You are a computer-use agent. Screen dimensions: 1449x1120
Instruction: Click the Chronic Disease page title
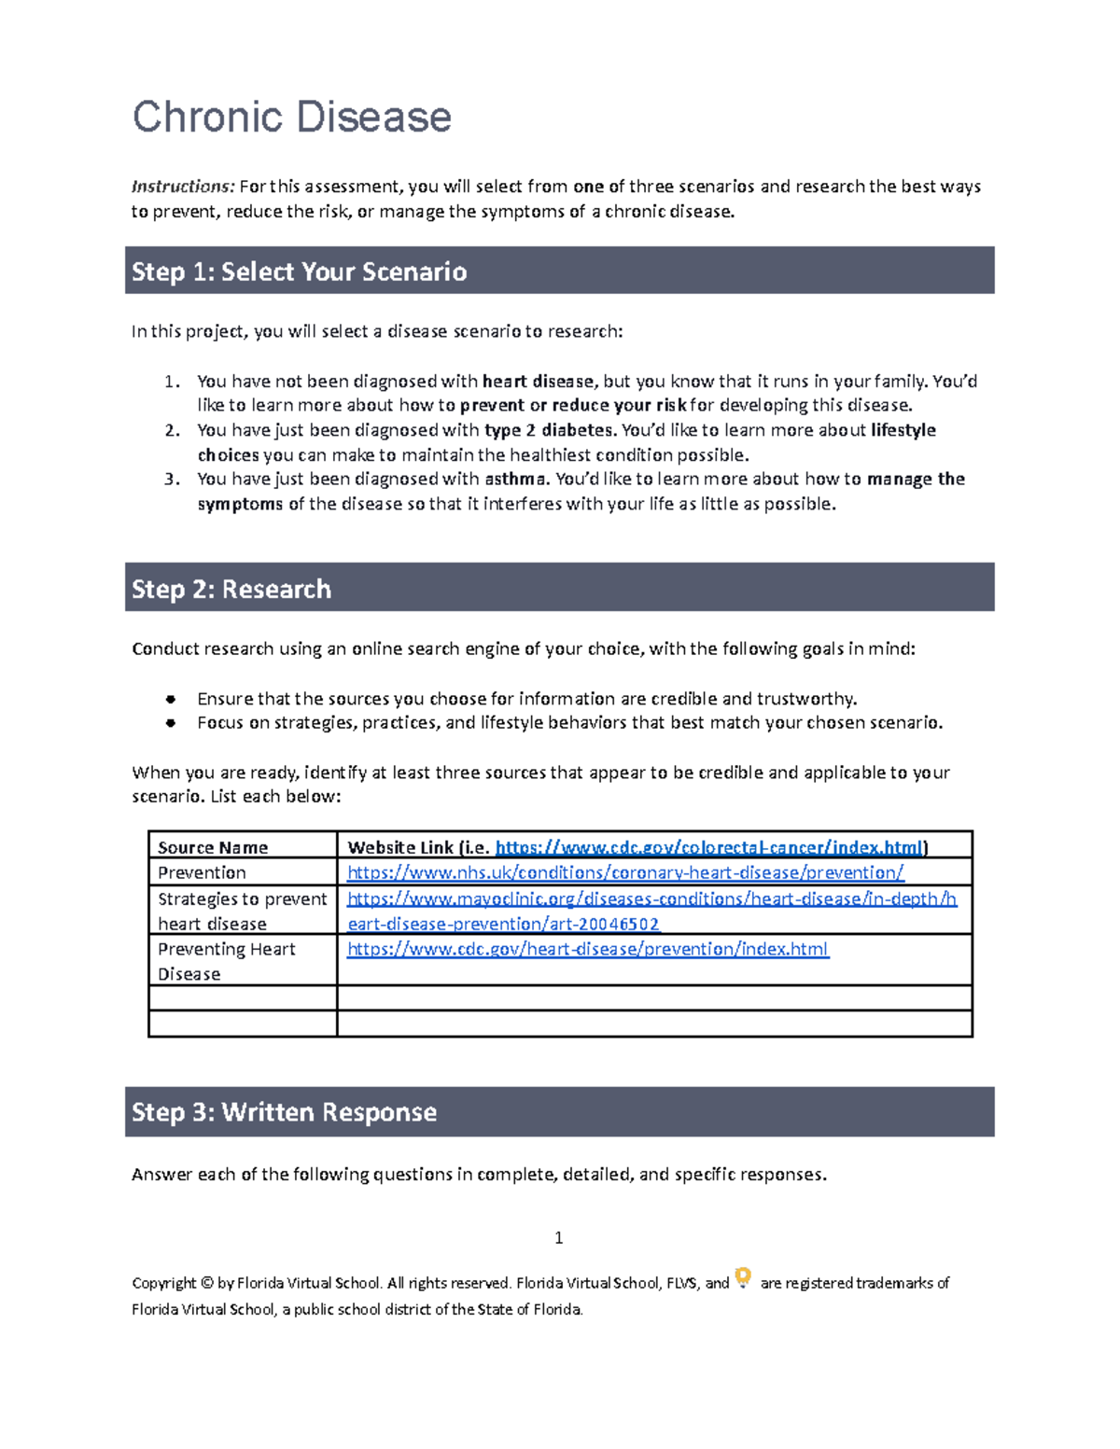[291, 118]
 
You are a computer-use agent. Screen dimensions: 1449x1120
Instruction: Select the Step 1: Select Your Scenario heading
[299, 272]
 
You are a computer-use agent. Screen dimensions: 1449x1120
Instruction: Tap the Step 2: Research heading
[231, 589]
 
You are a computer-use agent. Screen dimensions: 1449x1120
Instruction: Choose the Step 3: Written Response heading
[284, 1112]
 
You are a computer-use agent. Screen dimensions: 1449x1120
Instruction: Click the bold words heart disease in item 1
[538, 381]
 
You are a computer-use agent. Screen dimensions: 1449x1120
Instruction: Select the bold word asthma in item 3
[516, 479]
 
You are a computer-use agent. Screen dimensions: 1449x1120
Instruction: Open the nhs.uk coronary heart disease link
[624, 872]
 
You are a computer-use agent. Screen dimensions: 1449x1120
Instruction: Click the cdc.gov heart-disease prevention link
[587, 949]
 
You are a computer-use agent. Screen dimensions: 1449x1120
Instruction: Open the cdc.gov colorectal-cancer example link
[708, 847]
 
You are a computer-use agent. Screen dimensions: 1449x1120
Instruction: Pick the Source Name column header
[213, 847]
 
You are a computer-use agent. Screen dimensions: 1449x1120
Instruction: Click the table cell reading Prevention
[202, 872]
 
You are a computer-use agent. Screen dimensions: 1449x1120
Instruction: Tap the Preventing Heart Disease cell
[226, 961]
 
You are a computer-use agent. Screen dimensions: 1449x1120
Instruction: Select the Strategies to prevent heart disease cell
[242, 911]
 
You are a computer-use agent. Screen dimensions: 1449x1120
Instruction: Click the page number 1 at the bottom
[558, 1238]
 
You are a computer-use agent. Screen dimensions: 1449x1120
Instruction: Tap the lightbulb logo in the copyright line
[743, 1277]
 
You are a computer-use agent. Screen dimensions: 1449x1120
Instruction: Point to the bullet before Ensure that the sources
[171, 699]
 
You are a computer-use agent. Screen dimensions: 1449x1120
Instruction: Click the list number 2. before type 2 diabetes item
[172, 430]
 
